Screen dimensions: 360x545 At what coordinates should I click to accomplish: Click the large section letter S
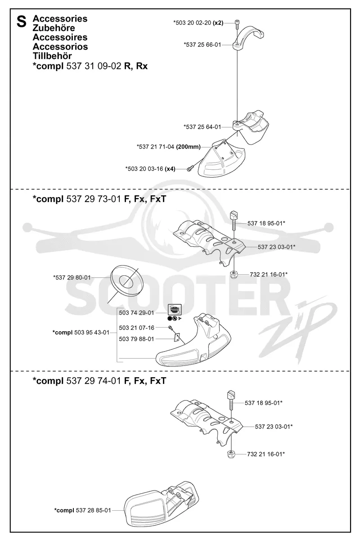pos(22,22)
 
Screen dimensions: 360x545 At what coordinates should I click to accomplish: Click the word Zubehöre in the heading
pos(54,28)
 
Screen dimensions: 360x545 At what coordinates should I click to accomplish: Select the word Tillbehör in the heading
pos(52,56)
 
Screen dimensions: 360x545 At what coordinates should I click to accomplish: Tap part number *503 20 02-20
pos(192,23)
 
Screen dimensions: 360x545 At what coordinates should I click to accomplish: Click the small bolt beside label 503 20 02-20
pos(237,23)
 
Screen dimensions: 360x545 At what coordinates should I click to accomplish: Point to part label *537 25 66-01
pos(202,45)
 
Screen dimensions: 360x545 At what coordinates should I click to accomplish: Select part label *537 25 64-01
pos(202,127)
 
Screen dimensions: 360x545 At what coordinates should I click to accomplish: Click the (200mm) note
pos(188,147)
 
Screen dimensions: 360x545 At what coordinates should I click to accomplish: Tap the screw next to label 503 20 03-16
pos(190,168)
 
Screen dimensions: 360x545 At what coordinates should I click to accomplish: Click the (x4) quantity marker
pos(170,169)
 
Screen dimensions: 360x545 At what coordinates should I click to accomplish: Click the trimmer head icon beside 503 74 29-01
pos(175,310)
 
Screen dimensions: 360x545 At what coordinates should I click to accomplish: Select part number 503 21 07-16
pos(136,328)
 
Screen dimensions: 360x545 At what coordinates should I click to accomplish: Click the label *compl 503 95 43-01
pos(81,333)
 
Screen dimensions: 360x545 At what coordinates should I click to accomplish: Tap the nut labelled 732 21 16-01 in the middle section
pos(234,275)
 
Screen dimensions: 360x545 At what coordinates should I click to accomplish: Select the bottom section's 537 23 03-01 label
pos(274,427)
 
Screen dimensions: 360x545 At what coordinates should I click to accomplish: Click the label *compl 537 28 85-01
pos(82,504)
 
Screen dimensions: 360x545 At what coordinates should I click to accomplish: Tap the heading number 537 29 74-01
pos(94,381)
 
